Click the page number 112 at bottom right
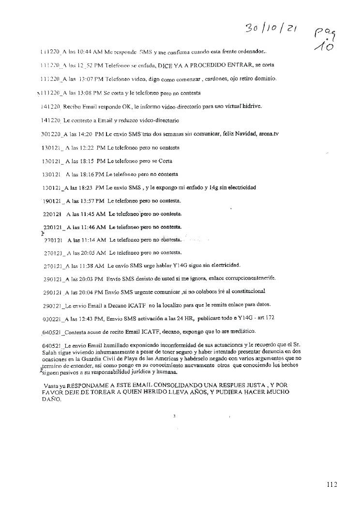[331, 484]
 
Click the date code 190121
[52, 201]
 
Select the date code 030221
[52, 318]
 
